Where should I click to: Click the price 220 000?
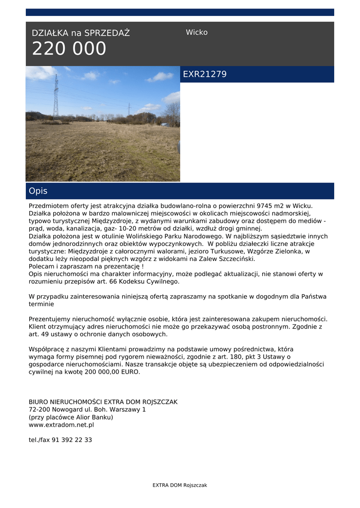pos(69,49)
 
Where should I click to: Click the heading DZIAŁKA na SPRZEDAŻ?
pos(80,33)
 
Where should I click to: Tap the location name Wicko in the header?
pos(197,32)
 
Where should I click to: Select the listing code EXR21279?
pos(205,74)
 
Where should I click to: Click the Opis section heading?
pos(38,191)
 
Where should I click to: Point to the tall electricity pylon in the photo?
pos(56,97)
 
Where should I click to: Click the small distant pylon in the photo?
pos(129,109)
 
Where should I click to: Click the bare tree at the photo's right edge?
pos(173,114)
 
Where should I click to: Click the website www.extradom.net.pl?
pos(61,425)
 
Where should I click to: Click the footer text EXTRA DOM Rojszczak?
pos(180,485)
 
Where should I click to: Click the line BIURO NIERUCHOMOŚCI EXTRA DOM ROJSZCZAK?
pos(103,402)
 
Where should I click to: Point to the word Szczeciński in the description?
pos(235,259)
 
